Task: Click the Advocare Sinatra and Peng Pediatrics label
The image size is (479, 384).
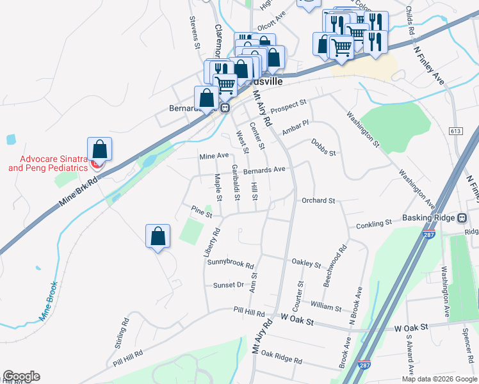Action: coord(47,163)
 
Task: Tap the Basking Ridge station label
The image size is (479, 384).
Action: coord(428,218)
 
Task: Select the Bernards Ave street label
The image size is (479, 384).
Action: coord(264,170)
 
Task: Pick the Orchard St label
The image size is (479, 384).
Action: coord(318,200)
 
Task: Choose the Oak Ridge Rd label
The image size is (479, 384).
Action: coord(281,355)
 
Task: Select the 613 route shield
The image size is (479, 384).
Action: coord(455,131)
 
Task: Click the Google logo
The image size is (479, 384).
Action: coord(21,376)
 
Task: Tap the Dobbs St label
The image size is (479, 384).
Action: coord(323,145)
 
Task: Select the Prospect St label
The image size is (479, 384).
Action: coord(288,106)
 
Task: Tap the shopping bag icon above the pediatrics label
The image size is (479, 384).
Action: coord(99,149)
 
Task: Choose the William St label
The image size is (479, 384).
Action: coord(327,307)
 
